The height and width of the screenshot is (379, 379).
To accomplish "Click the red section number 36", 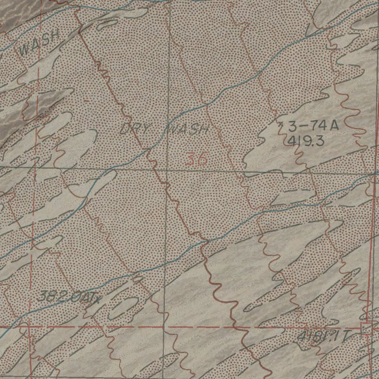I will point(196,159).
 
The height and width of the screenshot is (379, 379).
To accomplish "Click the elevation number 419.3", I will point(306,141).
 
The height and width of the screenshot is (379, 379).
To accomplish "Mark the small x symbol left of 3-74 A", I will point(282,126).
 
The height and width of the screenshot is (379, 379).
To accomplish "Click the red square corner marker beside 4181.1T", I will point(366,328).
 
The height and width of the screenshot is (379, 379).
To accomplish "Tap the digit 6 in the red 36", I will point(202,159).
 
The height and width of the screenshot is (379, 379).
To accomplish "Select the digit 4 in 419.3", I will point(291,141).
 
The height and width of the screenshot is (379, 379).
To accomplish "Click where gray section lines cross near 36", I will point(166,171).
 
